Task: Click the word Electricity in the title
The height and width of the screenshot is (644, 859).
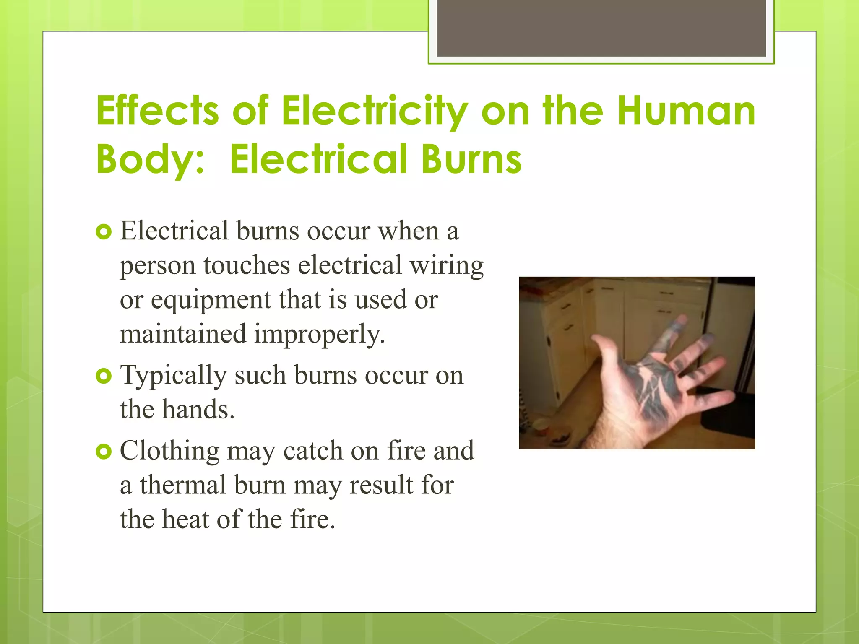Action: (374, 111)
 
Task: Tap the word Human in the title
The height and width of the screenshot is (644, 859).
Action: (686, 111)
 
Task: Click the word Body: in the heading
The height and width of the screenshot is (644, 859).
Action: (150, 159)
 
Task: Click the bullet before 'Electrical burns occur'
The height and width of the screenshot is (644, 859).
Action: (104, 232)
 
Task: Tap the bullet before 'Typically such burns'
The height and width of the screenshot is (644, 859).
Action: (104, 376)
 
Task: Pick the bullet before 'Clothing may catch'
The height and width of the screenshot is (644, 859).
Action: (104, 452)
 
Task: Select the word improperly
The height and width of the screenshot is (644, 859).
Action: (319, 335)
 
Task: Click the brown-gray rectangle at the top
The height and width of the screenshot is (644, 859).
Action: (601, 29)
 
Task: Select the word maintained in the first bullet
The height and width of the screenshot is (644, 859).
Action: (183, 335)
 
